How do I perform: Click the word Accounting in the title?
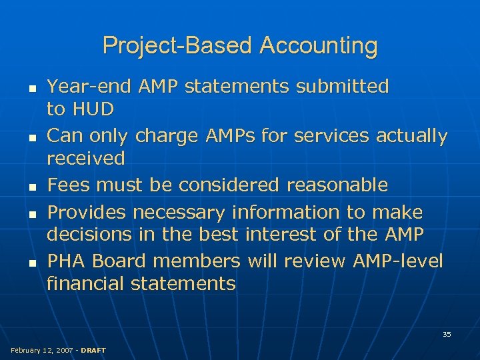coord(319,46)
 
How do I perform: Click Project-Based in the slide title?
coord(178,46)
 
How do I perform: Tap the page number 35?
coord(447,334)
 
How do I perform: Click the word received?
coord(86,158)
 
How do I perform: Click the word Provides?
coord(87,213)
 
